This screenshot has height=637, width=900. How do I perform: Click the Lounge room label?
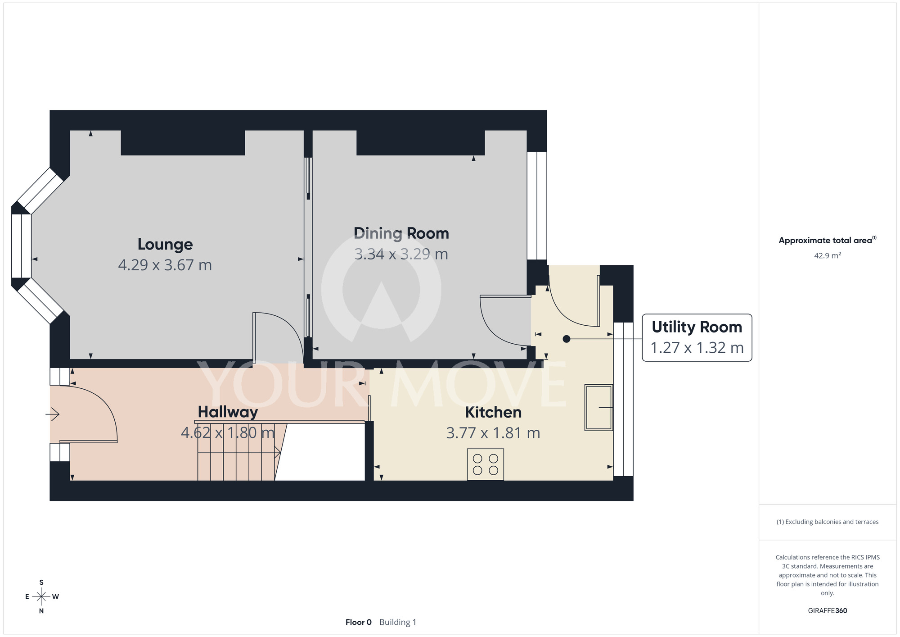(x=165, y=244)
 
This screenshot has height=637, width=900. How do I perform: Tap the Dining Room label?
(x=401, y=233)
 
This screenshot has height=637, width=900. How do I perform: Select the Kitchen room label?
(x=493, y=412)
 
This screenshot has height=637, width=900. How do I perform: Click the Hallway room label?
(x=228, y=412)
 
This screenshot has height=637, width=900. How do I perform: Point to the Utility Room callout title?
(x=697, y=327)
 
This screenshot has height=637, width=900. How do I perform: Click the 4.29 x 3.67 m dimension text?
(x=165, y=265)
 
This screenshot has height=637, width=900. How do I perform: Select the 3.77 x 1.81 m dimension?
(x=493, y=433)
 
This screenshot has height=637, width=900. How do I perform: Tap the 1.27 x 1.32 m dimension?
(x=697, y=348)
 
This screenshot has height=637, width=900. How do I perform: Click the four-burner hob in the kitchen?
(x=486, y=464)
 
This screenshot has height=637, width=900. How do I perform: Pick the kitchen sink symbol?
(x=598, y=407)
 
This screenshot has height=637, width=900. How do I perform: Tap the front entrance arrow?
(x=53, y=414)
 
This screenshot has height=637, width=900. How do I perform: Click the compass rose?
(x=41, y=597)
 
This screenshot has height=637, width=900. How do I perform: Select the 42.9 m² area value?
(x=828, y=255)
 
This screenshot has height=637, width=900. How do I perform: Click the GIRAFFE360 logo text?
(x=828, y=611)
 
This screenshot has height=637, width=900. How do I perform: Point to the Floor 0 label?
(x=359, y=622)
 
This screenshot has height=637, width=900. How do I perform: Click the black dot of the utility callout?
(x=567, y=339)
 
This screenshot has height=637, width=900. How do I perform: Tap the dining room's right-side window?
(x=537, y=205)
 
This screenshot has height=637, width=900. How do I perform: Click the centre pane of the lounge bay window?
(x=21, y=246)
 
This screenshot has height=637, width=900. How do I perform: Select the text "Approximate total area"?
(x=825, y=241)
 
